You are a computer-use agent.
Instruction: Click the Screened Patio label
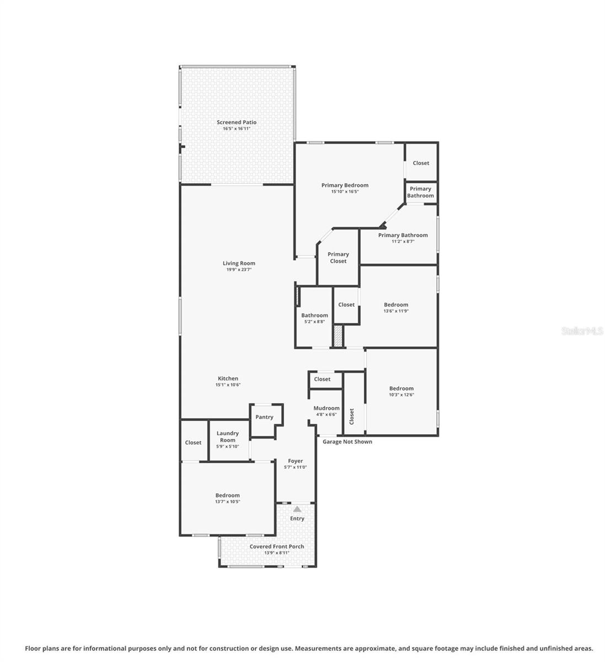[236, 122]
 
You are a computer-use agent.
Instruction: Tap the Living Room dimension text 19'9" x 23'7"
[239, 270]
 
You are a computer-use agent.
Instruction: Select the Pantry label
[264, 417]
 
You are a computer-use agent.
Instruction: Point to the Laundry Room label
[227, 437]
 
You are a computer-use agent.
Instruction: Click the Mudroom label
[326, 408]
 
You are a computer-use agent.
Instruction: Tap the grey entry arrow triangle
[297, 509]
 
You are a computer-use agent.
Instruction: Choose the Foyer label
[295, 461]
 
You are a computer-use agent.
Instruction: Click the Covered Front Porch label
[276, 547]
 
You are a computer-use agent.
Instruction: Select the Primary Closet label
[338, 258]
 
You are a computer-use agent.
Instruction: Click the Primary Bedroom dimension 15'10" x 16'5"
[345, 192]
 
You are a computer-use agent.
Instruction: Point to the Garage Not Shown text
[347, 441]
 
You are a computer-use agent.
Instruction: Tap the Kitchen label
[228, 378]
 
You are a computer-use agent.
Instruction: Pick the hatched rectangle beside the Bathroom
[338, 336]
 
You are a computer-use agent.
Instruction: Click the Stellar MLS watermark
[582, 331]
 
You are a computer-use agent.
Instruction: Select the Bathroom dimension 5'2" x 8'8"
[314, 322]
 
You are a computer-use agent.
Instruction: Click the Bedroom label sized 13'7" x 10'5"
[227, 495]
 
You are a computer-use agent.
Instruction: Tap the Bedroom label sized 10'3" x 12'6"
[401, 388]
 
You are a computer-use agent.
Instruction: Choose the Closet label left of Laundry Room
[193, 442]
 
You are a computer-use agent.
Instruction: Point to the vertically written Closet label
[352, 417]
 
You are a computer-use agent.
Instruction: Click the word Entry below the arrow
[297, 519]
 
